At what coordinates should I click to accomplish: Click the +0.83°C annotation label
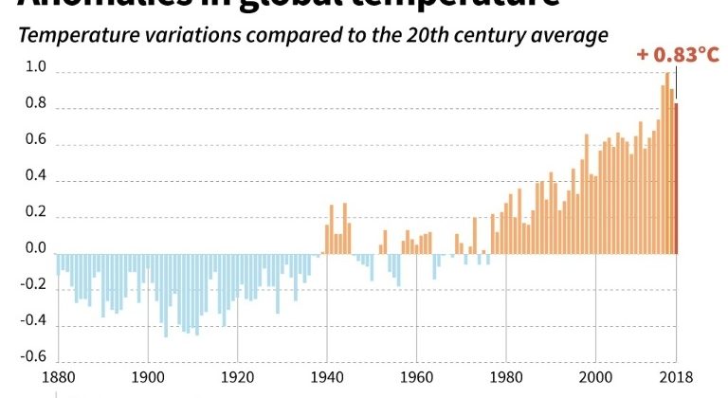[x=679, y=55]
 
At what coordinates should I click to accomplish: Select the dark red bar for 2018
[x=676, y=179]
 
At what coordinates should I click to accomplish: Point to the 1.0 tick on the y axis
[x=35, y=67]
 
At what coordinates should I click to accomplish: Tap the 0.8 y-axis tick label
[x=35, y=103]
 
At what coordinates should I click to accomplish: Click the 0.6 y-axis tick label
[x=35, y=139]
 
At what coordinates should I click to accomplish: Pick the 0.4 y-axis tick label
[x=35, y=175]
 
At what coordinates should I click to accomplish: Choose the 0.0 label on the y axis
[x=35, y=248]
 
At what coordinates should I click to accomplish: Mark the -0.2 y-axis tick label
[x=33, y=284]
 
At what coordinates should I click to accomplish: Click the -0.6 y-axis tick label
[x=33, y=356]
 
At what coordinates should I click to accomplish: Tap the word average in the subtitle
[x=568, y=36]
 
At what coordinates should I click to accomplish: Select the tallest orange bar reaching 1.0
[x=667, y=163]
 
